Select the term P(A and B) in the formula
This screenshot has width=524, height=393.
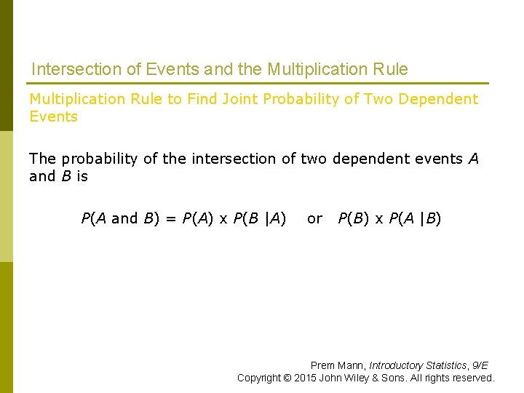point(121,218)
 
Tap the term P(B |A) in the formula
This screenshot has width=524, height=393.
point(259,218)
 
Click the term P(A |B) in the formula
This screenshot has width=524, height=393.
point(415,218)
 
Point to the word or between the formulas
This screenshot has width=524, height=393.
point(314,218)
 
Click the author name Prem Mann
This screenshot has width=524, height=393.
point(337,365)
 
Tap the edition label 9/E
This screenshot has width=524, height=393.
point(480,365)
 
